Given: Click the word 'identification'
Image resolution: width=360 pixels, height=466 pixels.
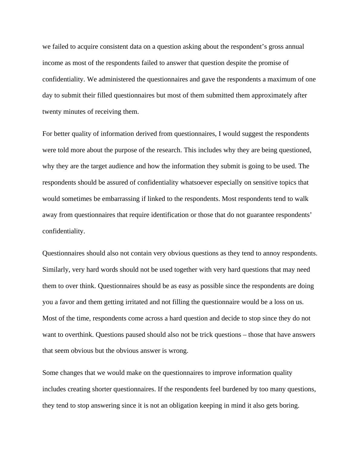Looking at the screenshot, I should pyautogui.click(x=169, y=215).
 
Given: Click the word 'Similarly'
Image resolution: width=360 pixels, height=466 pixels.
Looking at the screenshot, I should pyautogui.click(x=55, y=270).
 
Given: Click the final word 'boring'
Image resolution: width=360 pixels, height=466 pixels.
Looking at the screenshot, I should pyautogui.click(x=289, y=405).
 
